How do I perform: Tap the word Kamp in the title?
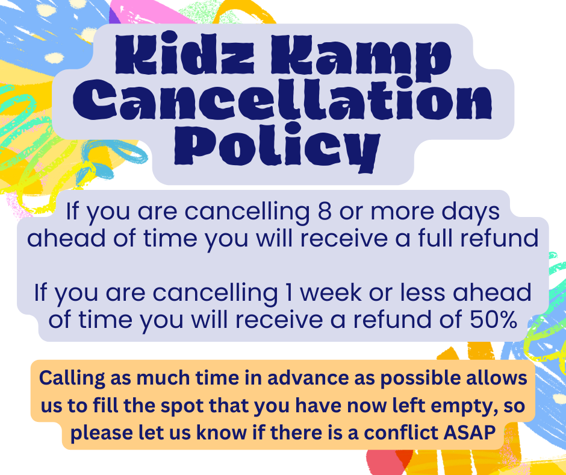[361, 58]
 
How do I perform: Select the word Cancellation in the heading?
[282, 99]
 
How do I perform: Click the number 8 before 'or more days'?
[325, 211]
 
